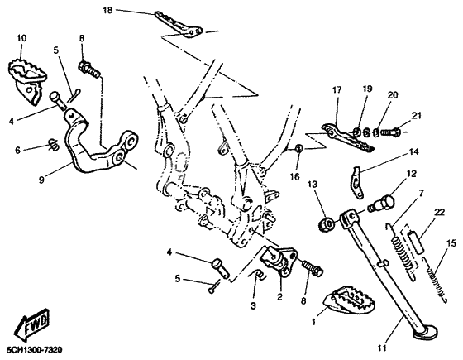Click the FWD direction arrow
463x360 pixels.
[x=31, y=324]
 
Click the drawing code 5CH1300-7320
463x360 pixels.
[x=35, y=350]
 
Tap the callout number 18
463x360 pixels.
[x=107, y=10]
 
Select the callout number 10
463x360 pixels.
[x=21, y=38]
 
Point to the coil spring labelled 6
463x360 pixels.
[x=54, y=144]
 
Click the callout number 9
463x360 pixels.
[x=41, y=180]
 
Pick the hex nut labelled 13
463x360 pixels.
[x=327, y=223]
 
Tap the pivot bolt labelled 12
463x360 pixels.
[x=380, y=204]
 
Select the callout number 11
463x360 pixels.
[x=382, y=348]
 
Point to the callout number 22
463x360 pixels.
[x=439, y=212]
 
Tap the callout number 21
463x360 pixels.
[x=417, y=116]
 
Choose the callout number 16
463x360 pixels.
[x=294, y=177]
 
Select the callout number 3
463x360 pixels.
[x=253, y=306]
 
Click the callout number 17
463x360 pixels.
[x=337, y=89]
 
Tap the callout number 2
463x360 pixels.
[x=279, y=296]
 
